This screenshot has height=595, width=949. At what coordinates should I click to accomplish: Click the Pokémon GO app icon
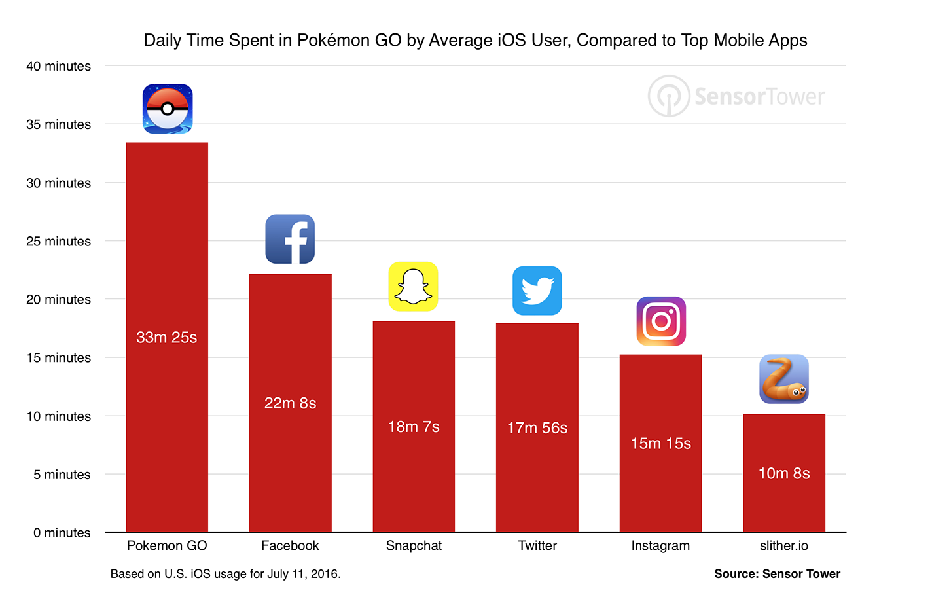168,109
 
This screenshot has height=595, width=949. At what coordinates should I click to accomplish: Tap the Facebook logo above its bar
290,239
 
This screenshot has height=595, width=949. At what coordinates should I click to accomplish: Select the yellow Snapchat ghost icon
413,287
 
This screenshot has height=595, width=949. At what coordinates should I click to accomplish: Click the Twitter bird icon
537,291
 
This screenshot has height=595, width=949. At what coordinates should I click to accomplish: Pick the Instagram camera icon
661,321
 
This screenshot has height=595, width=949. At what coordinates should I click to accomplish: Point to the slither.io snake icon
784,379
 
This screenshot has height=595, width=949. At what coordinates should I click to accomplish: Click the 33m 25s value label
166,337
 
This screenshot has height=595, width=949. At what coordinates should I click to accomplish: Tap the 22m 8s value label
290,403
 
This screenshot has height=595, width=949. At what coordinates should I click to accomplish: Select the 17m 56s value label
537,428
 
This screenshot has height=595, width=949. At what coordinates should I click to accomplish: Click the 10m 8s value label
784,473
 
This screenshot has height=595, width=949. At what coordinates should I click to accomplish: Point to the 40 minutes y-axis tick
58,66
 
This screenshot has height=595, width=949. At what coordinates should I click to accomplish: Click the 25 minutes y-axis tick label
58,241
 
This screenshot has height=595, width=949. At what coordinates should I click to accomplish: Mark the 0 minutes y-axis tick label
62,533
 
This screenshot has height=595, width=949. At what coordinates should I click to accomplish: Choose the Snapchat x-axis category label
414,545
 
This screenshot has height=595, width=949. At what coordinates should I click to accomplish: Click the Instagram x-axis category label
660,545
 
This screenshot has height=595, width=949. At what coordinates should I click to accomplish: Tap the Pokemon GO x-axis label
167,545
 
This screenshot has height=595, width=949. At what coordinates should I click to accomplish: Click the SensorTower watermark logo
736,96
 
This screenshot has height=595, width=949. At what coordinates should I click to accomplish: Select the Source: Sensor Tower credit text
777,574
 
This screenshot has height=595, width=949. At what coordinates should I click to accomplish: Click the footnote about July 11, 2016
225,574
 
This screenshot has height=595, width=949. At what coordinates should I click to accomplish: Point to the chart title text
475,41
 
